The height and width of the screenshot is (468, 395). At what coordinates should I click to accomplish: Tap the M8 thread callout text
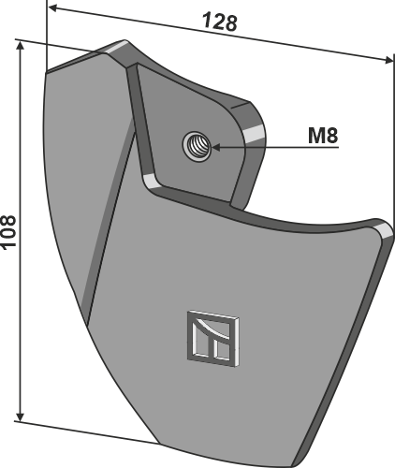[x=322, y=135]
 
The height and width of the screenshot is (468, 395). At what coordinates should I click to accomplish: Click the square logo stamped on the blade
[x=212, y=335]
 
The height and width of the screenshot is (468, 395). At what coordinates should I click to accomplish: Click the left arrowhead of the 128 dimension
[x=66, y=11]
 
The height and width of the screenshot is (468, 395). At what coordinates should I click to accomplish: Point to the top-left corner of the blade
[x=47, y=71]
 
